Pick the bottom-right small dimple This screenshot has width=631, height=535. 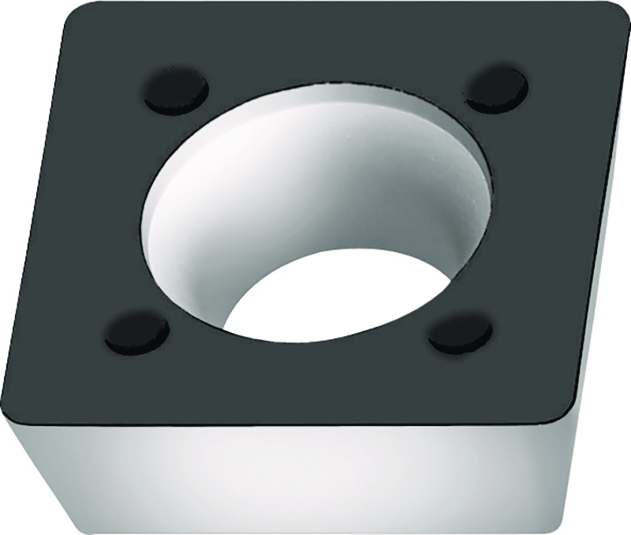pyautogui.click(x=460, y=333)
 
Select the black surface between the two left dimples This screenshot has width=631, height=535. pyautogui.click(x=118, y=213)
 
